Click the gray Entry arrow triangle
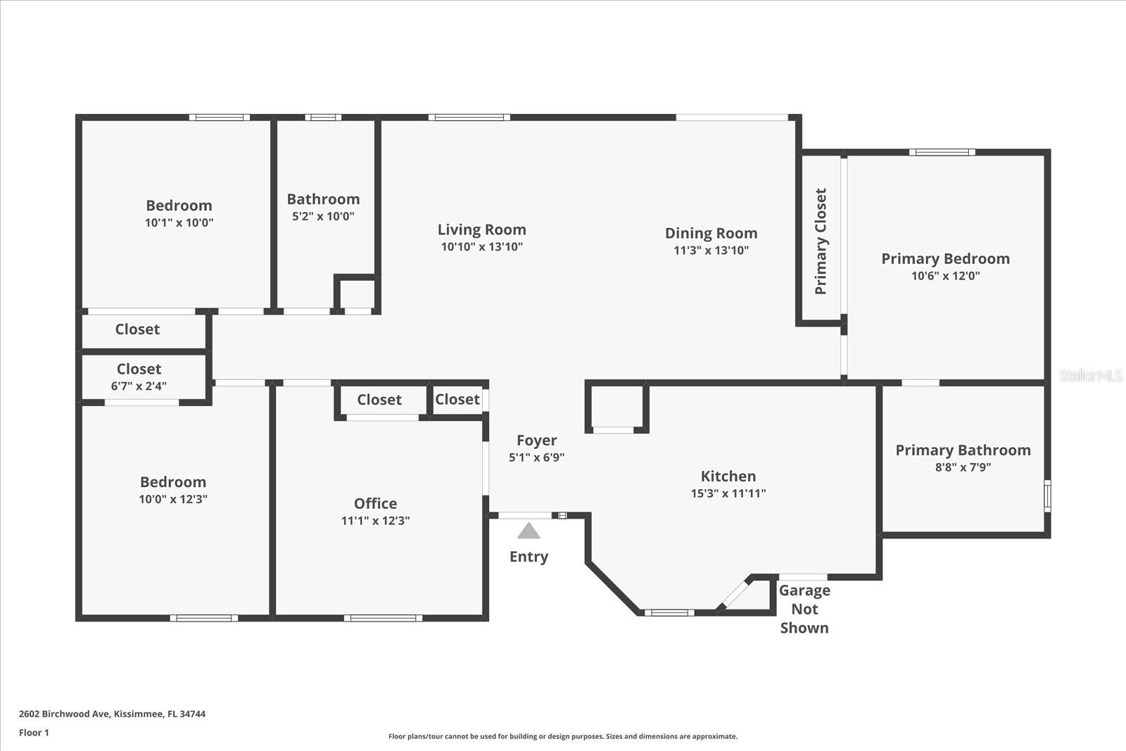point(529,531)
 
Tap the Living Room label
point(481,229)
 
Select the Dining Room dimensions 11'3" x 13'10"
point(711,251)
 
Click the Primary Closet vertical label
point(821,241)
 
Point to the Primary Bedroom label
point(945,258)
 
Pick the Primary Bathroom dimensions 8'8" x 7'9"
point(963,467)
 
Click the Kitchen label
point(728,476)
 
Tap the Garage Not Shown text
point(804,609)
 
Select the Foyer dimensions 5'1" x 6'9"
point(536,457)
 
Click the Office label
point(375,503)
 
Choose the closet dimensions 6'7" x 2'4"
point(139,386)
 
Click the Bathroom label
point(323,199)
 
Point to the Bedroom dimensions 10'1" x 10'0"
point(179,223)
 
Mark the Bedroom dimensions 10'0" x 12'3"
point(172,500)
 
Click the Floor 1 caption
point(34,733)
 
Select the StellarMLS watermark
point(1090,376)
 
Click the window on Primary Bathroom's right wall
point(1047,496)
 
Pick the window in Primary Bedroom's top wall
point(942,152)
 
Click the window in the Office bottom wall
point(383,618)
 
